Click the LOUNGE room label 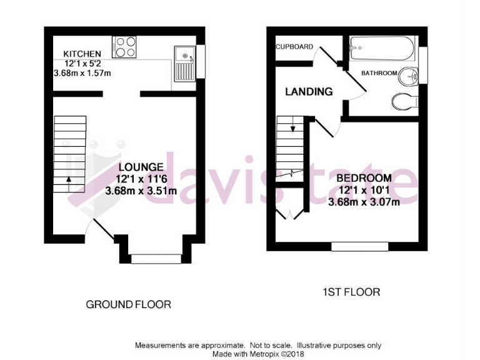click(141, 167)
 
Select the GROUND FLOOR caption click(128, 304)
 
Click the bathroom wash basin click(409, 74)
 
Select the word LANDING click(309, 92)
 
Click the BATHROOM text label click(379, 73)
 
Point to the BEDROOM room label click(365, 178)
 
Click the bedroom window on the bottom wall click(359, 246)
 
